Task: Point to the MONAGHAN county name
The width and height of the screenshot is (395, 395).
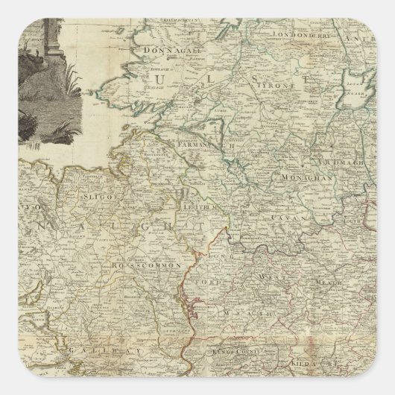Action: [x=285, y=179]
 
